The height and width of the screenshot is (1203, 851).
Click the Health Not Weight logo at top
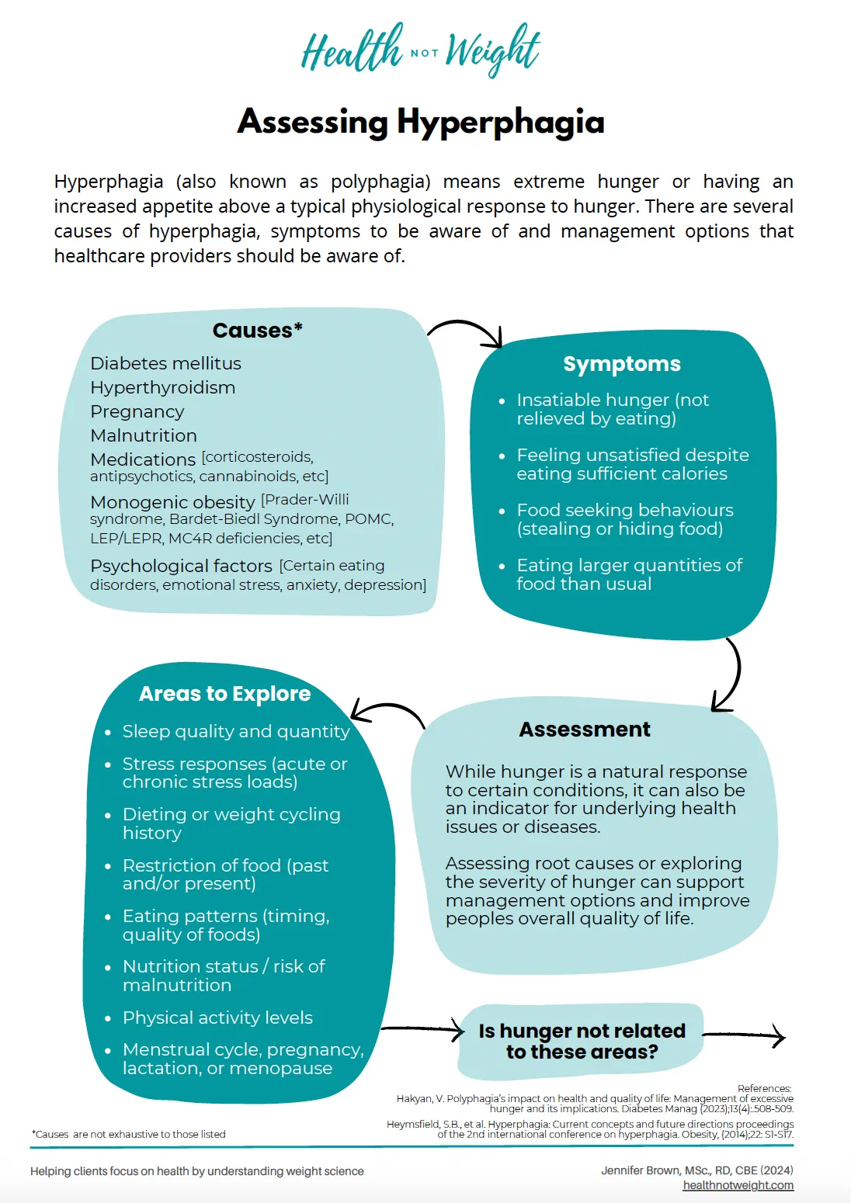pyautogui.click(x=420, y=50)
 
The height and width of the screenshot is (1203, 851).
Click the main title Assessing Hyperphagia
pyautogui.click(x=420, y=122)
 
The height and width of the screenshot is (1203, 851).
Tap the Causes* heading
pyautogui.click(x=257, y=331)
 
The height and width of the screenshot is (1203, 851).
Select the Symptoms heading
pyautogui.click(x=621, y=364)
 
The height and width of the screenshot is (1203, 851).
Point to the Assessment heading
pyautogui.click(x=585, y=730)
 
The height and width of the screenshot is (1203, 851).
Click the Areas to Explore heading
pyautogui.click(x=224, y=694)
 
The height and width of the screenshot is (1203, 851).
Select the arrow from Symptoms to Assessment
pyautogui.click(x=730, y=674)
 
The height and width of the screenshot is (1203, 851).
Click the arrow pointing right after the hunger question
pyautogui.click(x=744, y=1036)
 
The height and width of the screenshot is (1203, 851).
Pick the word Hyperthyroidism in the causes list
pyautogui.click(x=162, y=387)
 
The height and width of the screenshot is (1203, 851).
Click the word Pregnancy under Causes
pyautogui.click(x=137, y=411)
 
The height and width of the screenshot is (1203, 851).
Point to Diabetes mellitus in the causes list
pyautogui.click(x=165, y=363)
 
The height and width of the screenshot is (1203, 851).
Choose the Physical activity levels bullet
pyautogui.click(x=217, y=1018)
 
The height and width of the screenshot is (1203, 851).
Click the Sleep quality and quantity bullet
pyautogui.click(x=236, y=731)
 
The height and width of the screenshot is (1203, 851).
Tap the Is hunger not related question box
pyautogui.click(x=582, y=1042)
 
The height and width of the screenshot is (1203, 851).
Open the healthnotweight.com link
pyautogui.click(x=738, y=1185)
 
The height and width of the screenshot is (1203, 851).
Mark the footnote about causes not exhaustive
pyautogui.click(x=129, y=1134)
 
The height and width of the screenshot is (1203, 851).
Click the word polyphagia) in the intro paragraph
pyautogui.click(x=380, y=182)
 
